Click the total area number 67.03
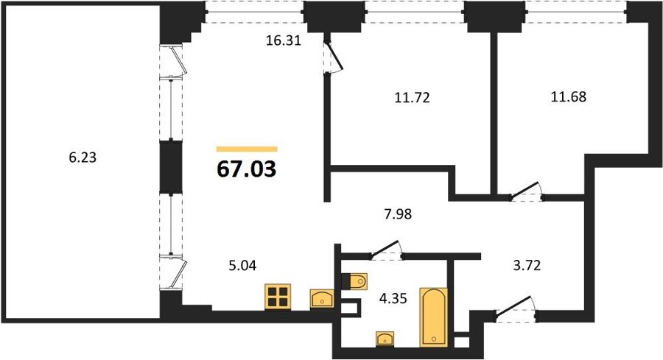pyautogui.click(x=247, y=169)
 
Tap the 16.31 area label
pyautogui.click(x=284, y=40)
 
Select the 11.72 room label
pyautogui.click(x=413, y=98)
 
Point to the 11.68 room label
pyautogui.click(x=569, y=96)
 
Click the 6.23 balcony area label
pyautogui.click(x=83, y=158)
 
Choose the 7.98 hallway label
pyautogui.click(x=398, y=214)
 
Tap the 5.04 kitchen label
pyautogui.click(x=242, y=265)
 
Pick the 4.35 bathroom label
pyautogui.click(x=393, y=298)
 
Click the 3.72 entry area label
pyautogui.click(x=527, y=265)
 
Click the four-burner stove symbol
pyautogui.click(x=278, y=297)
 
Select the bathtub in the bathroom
pyautogui.click(x=433, y=317)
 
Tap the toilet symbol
pyautogui.click(x=354, y=281)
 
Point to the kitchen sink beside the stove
pyautogui.click(x=322, y=299)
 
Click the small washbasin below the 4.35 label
pyautogui.click(x=385, y=339)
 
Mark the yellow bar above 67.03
pyautogui.click(x=247, y=149)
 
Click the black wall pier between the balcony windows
pyautogui.click(x=171, y=167)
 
